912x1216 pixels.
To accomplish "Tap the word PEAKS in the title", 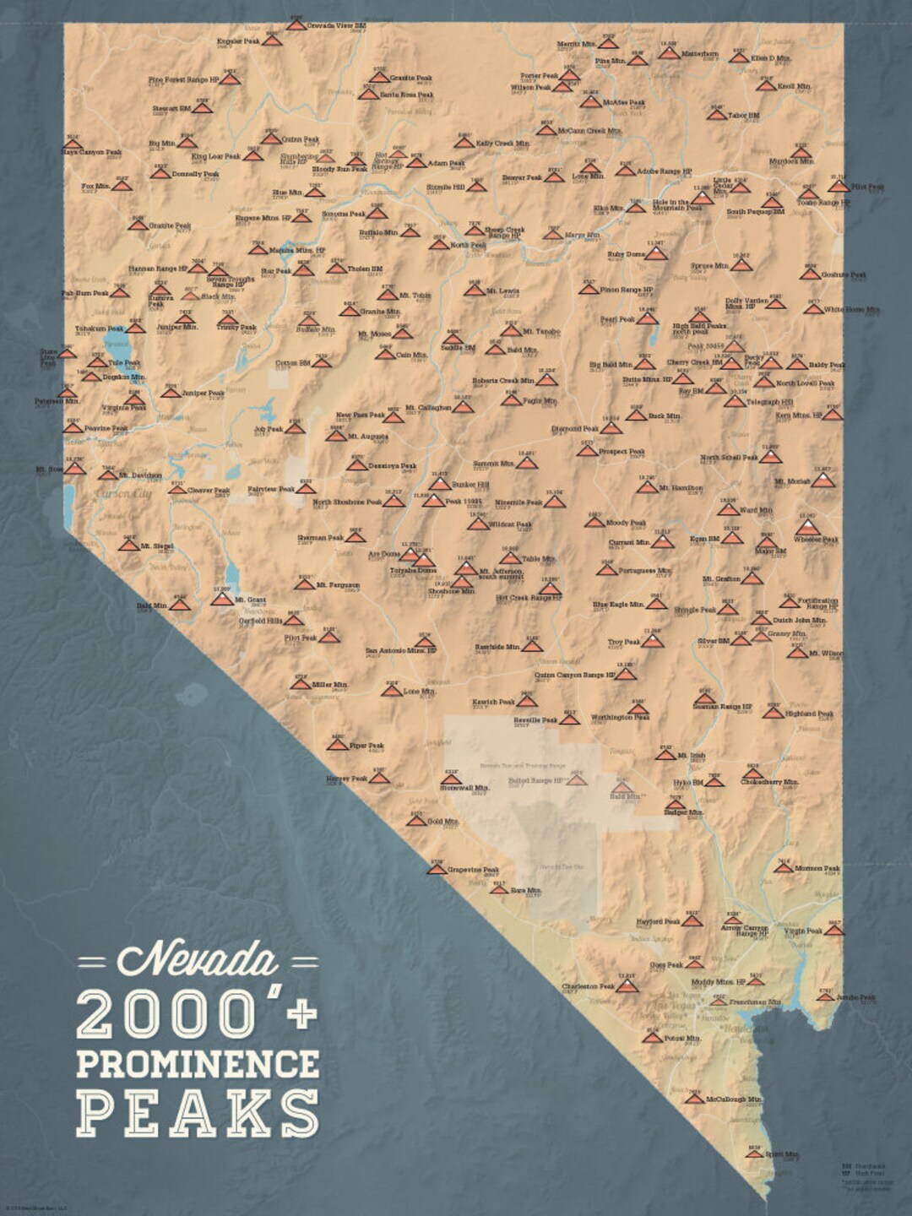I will (x=198, y=1113).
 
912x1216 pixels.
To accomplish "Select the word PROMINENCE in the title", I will (x=198, y=1063).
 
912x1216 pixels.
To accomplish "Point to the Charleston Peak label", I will (x=589, y=985).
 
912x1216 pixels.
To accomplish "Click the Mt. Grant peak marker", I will (x=222, y=599).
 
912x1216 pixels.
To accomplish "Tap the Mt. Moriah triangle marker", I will (x=823, y=480).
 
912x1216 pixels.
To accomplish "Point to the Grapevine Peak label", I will (x=473, y=869).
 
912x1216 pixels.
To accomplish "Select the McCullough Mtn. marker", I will (x=694, y=1098).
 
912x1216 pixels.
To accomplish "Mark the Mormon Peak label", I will (x=817, y=868).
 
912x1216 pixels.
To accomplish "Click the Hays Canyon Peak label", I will (x=92, y=153).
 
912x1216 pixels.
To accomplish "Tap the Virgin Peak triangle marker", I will (x=833, y=930).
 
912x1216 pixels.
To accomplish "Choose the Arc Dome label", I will (x=384, y=555).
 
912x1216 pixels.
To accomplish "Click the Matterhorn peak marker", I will (x=669, y=53).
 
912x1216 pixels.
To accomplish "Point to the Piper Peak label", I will (x=366, y=746).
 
